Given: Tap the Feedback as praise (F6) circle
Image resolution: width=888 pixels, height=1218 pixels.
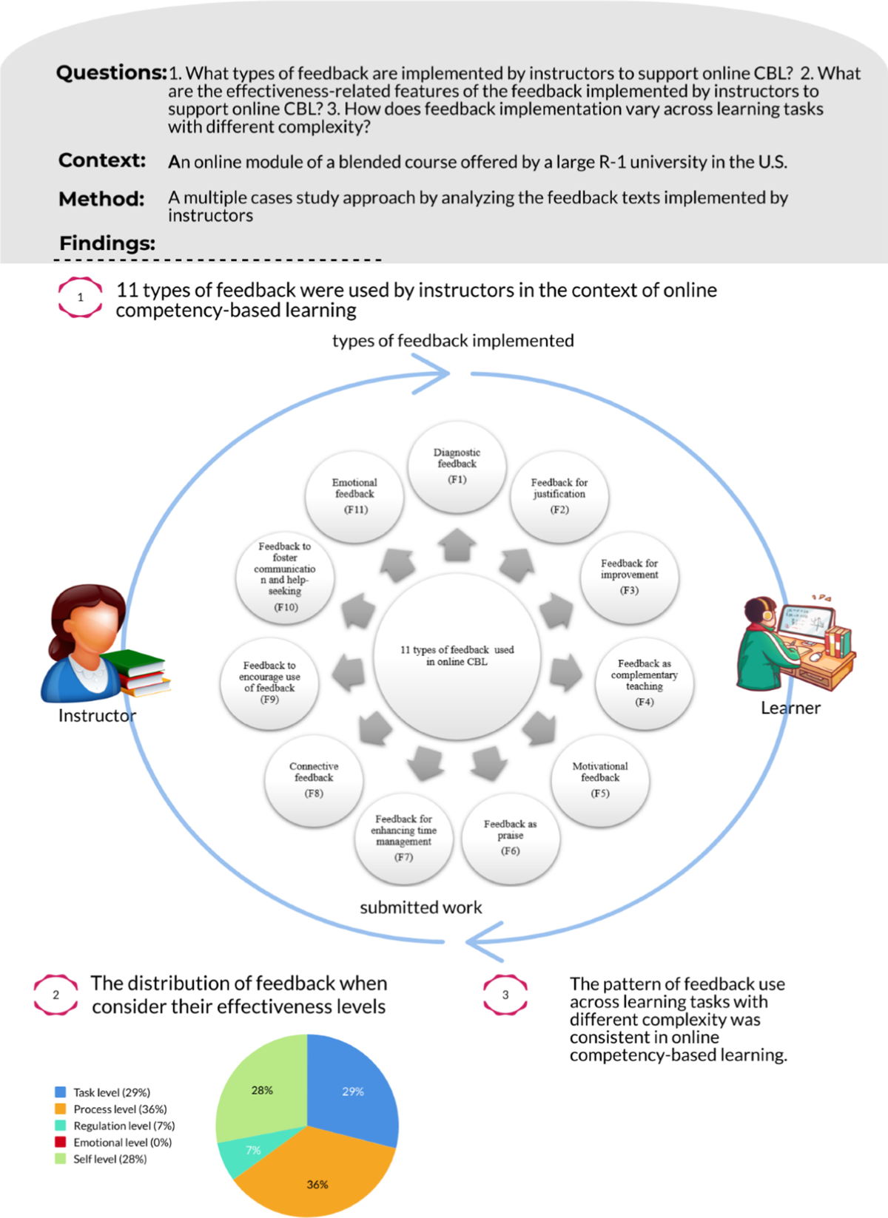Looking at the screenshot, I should [510, 837].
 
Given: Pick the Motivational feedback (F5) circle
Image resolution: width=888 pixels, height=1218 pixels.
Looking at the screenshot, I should [600, 779].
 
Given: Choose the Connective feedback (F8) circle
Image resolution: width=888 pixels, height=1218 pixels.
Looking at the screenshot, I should [314, 779].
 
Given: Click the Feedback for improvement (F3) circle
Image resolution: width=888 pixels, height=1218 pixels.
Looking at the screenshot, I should [629, 577].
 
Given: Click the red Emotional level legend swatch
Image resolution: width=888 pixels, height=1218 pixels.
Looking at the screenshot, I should [61, 1142].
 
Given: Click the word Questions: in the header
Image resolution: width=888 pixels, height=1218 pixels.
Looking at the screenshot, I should [111, 73].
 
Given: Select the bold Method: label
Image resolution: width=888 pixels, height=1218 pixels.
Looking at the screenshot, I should [101, 199].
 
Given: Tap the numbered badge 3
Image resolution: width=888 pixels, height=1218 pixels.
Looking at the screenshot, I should [505, 995].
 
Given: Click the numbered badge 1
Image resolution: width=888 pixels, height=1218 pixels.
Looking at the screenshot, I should [80, 297].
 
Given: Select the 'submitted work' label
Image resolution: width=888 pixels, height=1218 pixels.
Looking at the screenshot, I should [420, 907].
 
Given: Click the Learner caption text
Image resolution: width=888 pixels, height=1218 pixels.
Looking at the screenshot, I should [790, 708].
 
